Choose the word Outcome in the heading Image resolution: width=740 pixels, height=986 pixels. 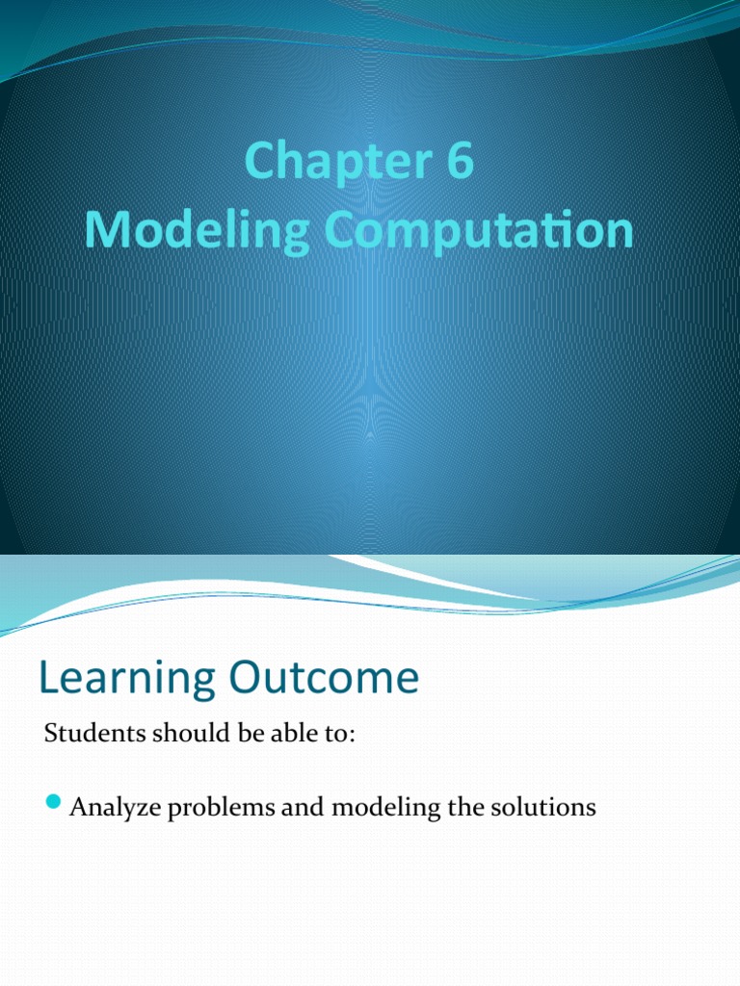tap(327, 678)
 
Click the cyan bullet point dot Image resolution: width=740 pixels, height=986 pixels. tap(53, 802)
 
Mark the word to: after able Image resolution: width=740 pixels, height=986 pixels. tap(340, 735)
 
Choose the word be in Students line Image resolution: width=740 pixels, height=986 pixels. tap(237, 735)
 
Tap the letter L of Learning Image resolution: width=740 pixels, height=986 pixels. tap(49, 679)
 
